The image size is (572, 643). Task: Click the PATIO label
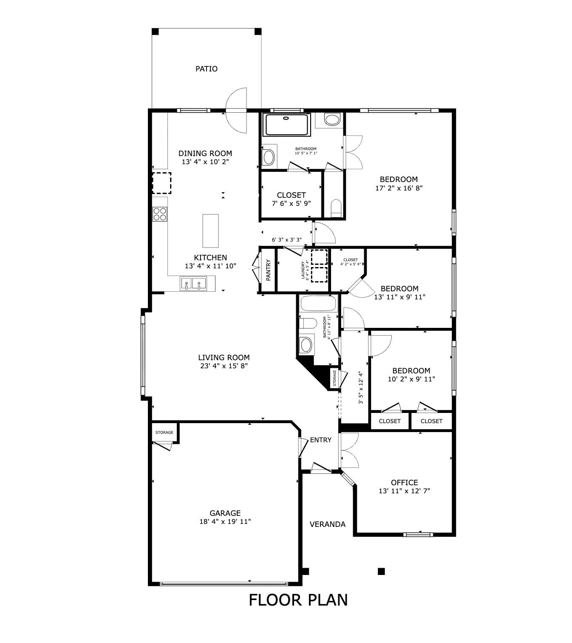point(206,69)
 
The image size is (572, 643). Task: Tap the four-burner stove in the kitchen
point(160,214)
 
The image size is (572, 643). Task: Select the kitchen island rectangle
point(211,231)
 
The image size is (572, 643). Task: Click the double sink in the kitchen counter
point(193,283)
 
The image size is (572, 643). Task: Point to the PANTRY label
point(269,270)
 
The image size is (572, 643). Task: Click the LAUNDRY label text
point(303,270)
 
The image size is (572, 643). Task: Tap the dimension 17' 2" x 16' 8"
point(399,188)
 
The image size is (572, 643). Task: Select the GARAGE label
point(225,513)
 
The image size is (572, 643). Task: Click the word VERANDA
point(327,524)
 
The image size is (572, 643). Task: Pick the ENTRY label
point(320,440)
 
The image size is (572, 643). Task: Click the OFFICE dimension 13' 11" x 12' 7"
point(404,491)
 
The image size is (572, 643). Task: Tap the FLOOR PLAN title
point(298,600)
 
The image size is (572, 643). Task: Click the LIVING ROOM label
point(224,357)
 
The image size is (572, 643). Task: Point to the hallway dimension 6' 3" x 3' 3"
point(287,240)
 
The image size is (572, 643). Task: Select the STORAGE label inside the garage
point(164,432)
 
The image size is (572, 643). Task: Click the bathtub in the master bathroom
point(287,125)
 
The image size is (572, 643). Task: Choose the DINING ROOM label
point(205,153)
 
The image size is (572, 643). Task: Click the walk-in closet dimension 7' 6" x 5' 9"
point(291,203)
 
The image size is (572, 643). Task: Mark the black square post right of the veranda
point(381,571)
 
